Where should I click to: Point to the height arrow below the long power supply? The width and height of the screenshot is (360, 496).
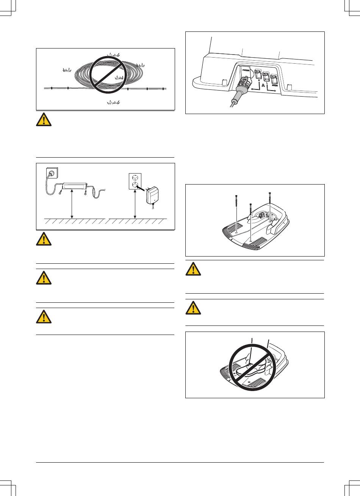[72, 205]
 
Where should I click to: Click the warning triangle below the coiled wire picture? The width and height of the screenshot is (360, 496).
[44, 120]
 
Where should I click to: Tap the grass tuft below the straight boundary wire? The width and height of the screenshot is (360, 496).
[113, 102]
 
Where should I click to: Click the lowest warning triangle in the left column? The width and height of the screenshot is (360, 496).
[44, 317]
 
